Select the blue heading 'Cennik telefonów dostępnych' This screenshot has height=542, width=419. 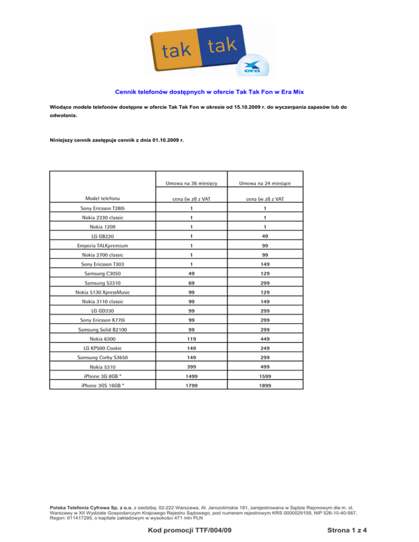click(x=209, y=93)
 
